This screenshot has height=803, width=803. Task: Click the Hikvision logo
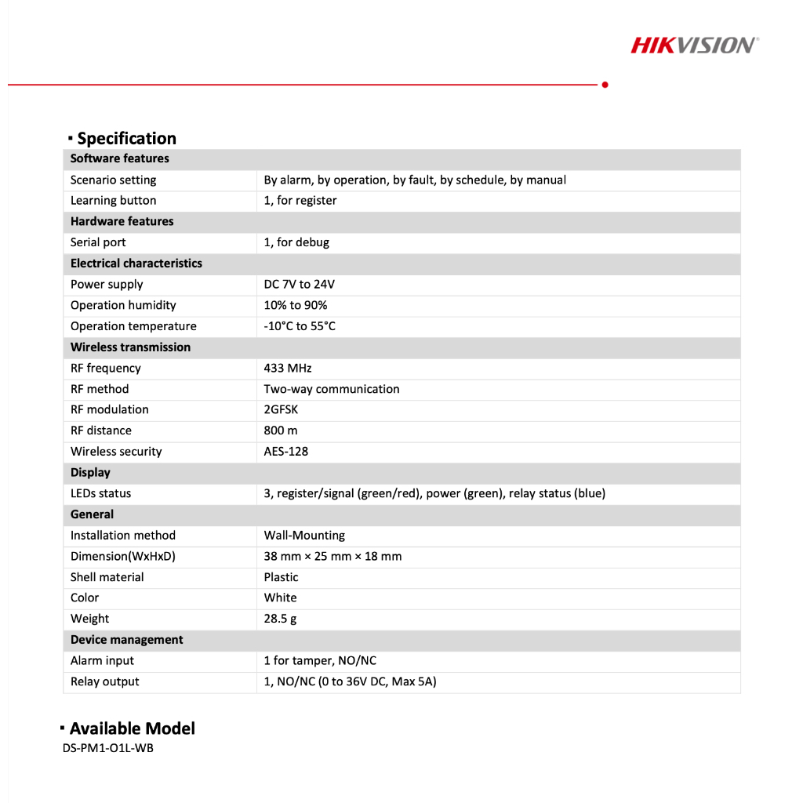[694, 45]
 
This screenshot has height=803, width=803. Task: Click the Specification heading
[126, 139]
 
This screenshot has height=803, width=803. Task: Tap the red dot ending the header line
[605, 84]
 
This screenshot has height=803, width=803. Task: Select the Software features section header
[119, 158]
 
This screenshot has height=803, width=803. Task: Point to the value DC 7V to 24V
[299, 285]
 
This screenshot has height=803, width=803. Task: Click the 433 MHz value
[288, 368]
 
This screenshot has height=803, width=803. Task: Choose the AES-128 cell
[285, 452]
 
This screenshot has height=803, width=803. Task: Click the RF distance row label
[101, 431]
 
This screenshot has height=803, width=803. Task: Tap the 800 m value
[281, 431]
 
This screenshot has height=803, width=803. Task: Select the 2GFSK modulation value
[281, 409]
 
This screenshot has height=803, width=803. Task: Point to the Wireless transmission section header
[130, 347]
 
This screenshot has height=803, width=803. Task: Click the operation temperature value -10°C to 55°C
[300, 326]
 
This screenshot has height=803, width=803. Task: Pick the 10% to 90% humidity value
[296, 305]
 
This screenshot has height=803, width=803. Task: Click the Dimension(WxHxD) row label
[123, 556]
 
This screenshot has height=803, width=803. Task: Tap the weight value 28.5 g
[280, 619]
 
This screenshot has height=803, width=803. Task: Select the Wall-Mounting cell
[304, 536]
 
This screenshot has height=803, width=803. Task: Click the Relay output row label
[105, 681]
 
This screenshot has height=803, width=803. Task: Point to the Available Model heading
[132, 729]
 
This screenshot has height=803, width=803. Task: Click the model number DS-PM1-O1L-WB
[108, 748]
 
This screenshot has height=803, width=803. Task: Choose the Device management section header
[126, 640]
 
